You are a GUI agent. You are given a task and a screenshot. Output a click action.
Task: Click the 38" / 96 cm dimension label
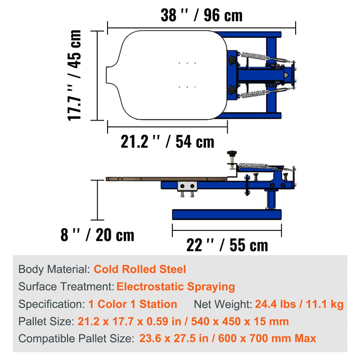202,15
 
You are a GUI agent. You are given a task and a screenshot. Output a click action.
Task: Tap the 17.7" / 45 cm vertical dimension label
74,75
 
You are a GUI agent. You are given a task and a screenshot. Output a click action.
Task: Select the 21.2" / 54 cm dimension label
167,142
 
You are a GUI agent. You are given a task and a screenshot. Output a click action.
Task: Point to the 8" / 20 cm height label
97,235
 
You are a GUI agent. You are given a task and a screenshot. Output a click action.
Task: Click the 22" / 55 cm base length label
227,245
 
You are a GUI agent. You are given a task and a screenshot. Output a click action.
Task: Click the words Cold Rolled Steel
140,269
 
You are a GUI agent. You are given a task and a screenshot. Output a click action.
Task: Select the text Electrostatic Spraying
175,287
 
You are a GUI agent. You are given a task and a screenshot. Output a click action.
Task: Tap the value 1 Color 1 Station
133,304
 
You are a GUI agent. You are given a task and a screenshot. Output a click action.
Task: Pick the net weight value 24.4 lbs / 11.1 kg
299,304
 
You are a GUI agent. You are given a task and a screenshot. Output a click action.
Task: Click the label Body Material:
54,269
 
